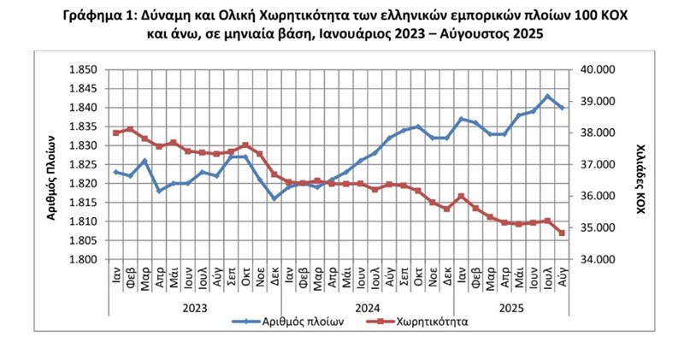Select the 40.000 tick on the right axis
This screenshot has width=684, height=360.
(597, 70)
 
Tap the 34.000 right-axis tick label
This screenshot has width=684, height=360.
(597, 259)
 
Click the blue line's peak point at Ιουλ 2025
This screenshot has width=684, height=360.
(548, 97)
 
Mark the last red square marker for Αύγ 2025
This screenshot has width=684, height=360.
(562, 233)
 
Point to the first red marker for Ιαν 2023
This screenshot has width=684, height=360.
(115, 133)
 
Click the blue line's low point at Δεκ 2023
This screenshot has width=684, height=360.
(274, 198)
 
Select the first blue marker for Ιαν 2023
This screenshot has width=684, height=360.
(115, 172)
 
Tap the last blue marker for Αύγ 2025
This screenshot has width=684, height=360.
(562, 108)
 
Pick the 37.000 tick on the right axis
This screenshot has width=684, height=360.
(597, 164)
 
